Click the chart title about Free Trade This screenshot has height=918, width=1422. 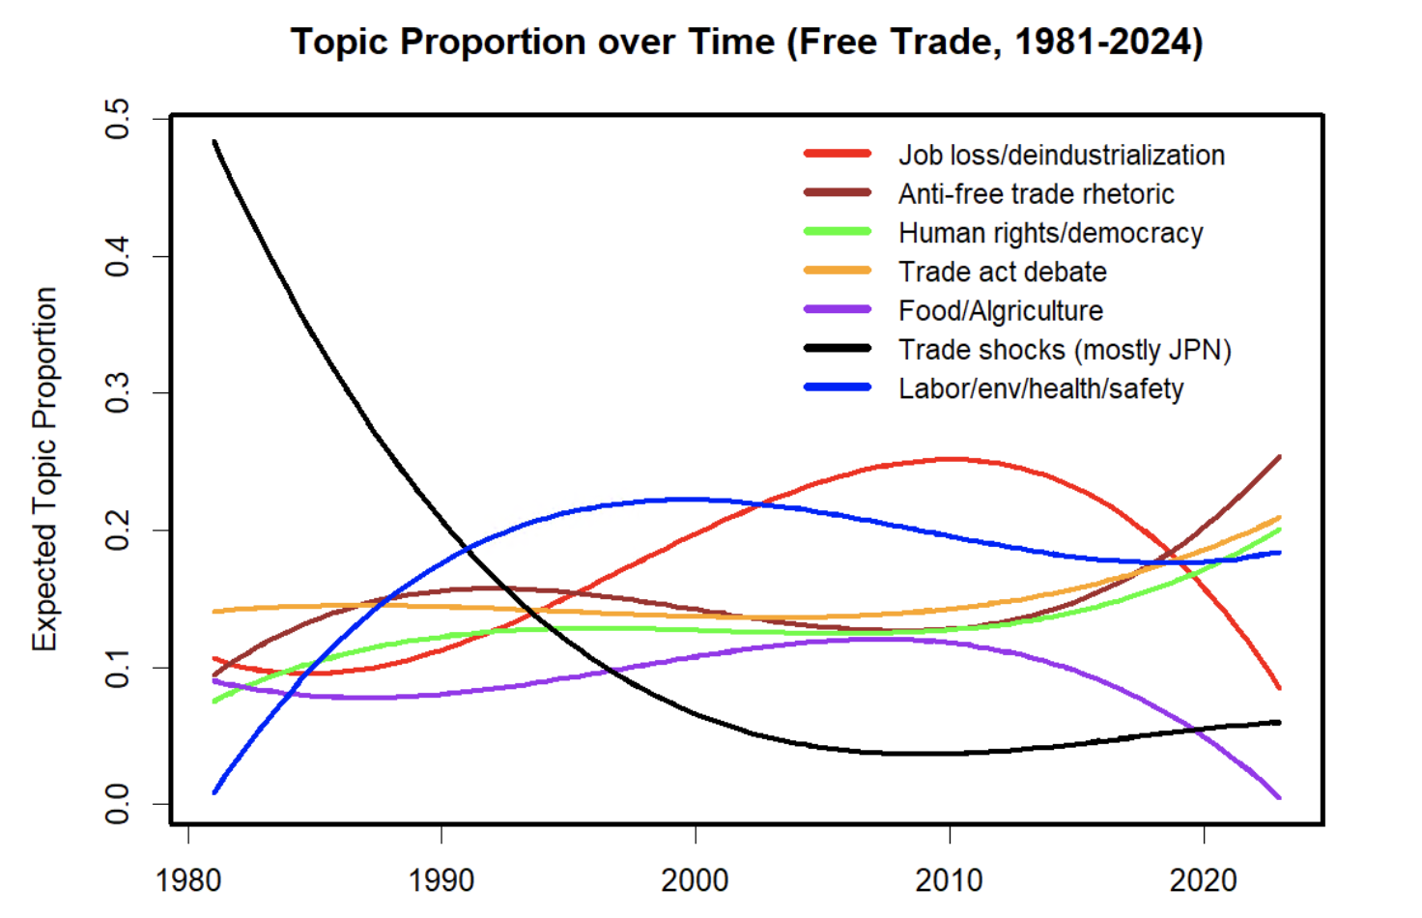747,43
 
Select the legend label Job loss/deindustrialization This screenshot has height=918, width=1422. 1061,155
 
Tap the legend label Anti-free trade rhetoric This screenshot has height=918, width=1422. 1036,194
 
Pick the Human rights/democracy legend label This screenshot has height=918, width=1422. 1050,233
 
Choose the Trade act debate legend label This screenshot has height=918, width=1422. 1002,272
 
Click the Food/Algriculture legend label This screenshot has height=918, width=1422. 1000,310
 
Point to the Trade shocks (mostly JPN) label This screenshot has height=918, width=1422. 1065,349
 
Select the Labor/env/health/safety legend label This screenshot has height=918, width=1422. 1040,388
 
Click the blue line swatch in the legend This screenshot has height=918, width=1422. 838,387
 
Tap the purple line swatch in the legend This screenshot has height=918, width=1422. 838,309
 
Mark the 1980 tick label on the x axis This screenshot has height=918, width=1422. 188,880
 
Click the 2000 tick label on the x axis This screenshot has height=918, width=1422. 695,880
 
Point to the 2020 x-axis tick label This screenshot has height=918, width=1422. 1203,880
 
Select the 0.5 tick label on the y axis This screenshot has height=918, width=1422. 118,119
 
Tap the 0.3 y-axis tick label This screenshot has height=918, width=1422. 118,393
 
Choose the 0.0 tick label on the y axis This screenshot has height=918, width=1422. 118,804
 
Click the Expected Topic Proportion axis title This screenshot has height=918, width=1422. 45,469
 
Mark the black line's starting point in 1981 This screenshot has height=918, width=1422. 214,142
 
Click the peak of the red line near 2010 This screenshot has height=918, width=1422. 952,459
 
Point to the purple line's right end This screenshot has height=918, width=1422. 1279,797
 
